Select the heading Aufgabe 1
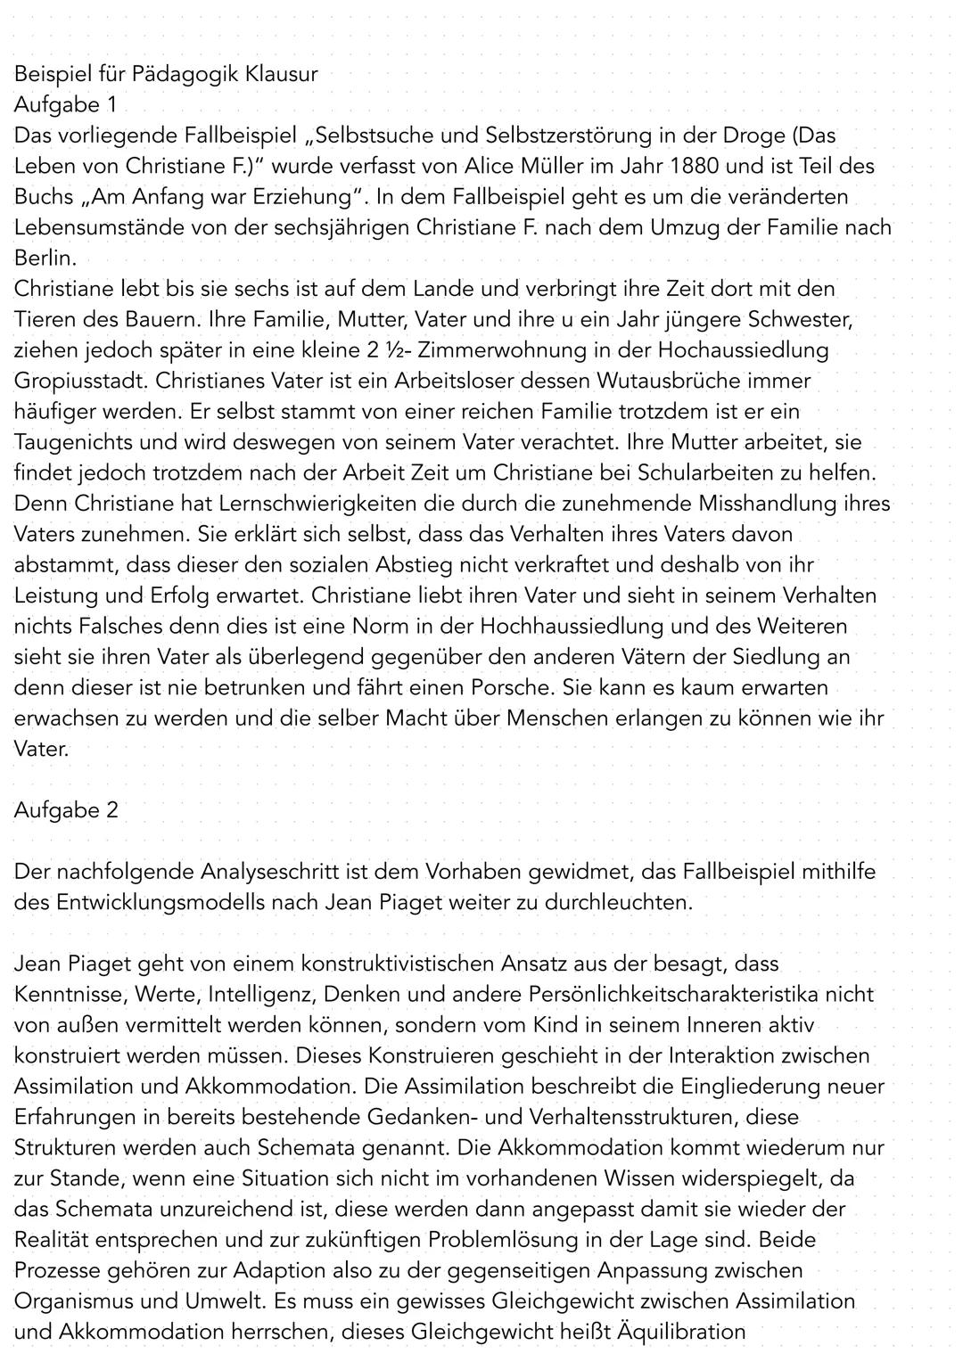point(65,104)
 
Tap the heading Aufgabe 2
point(65,810)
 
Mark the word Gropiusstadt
point(81,381)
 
